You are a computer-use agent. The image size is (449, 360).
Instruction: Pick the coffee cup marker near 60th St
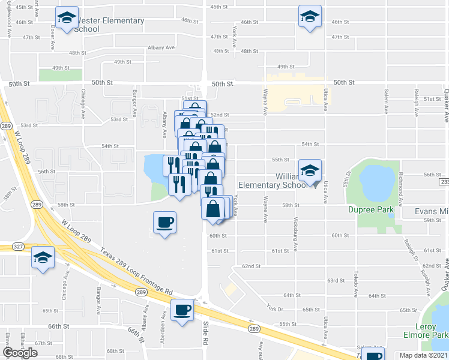pyautogui.click(x=165, y=223)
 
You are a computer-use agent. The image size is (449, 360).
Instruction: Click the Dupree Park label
pyautogui.click(x=371, y=209)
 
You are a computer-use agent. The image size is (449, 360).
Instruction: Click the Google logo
pyautogui.click(x=20, y=352)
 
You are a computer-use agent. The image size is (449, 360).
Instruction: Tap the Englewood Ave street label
pyautogui.click(x=8, y=23)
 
